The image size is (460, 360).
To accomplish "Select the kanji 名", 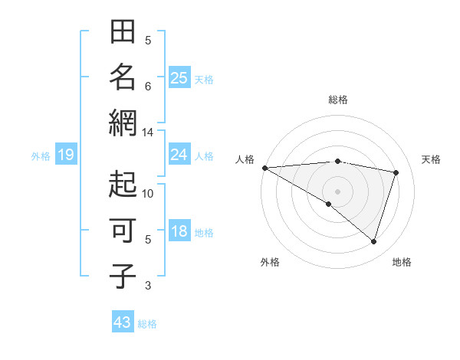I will (123, 77).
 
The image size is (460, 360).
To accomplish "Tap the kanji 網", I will (123, 123).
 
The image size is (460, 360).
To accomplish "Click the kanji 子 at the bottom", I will (123, 277).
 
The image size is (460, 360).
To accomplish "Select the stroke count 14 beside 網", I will (148, 133).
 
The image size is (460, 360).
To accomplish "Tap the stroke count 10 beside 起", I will (148, 194).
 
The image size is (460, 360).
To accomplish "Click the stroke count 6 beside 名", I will (148, 87).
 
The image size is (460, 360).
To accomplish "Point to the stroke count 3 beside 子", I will (148, 286).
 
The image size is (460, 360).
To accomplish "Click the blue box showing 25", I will (179, 77).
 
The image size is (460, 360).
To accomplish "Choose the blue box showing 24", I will (179, 155).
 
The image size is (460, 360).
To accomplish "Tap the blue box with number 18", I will (179, 231).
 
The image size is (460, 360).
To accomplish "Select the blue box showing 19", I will (65, 155).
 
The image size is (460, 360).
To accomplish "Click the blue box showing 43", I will (122, 322).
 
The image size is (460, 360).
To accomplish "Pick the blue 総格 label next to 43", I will (147, 324).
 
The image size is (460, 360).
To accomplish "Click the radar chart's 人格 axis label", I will (245, 159).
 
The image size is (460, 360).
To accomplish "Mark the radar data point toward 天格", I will (396, 172).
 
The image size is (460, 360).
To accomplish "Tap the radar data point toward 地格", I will (373, 241).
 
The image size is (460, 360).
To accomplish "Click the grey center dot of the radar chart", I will (337, 190).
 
